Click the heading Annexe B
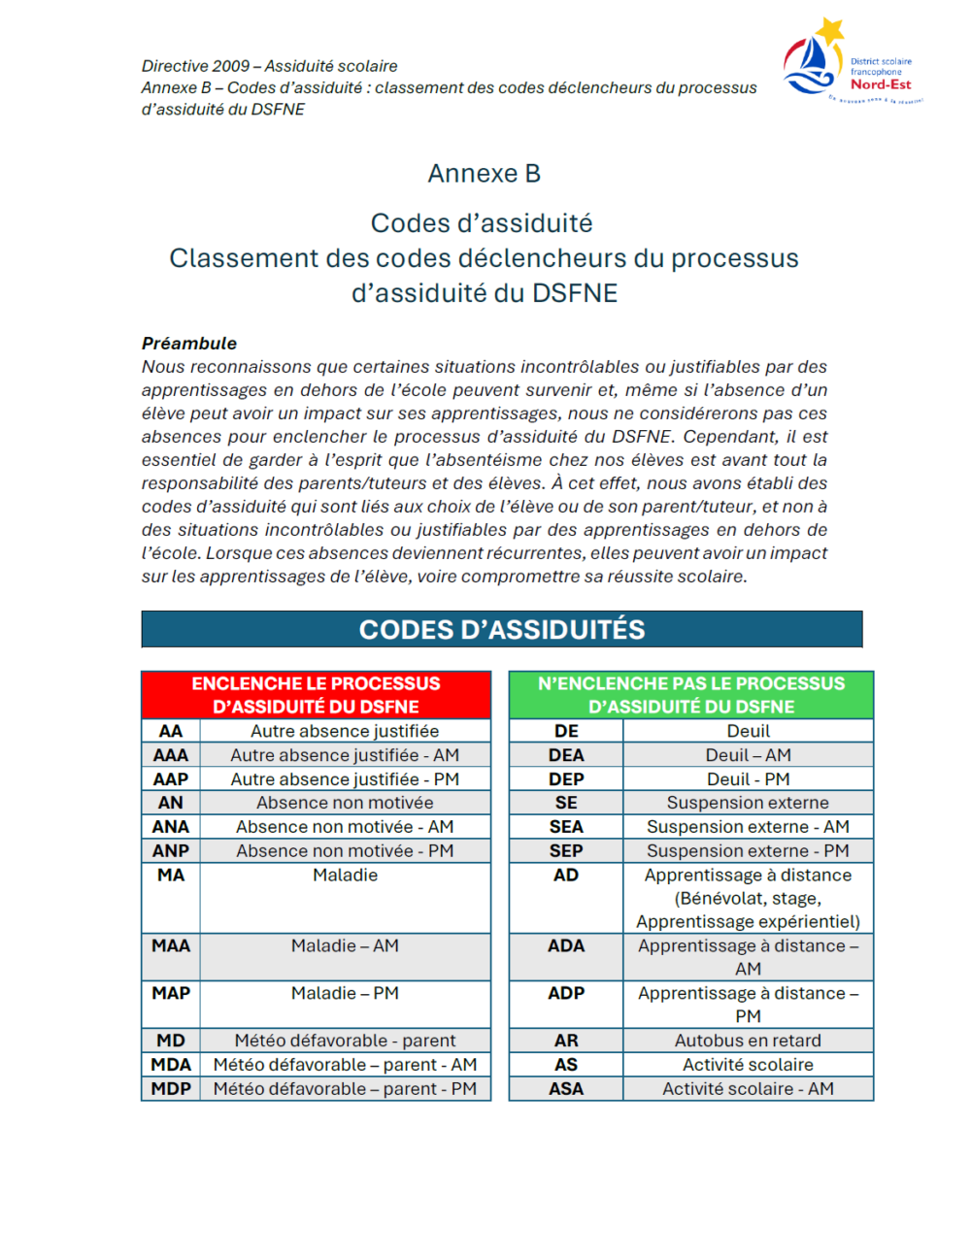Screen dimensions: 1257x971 coord(484,174)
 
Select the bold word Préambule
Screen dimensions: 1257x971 coord(189,344)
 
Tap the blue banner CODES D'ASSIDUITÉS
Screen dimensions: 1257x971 coord(501,630)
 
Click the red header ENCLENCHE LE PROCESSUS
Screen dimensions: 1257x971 coord(316,695)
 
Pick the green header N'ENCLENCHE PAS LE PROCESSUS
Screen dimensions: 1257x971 coord(690,695)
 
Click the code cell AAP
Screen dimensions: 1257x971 coord(171,779)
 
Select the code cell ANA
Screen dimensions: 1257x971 coord(171,827)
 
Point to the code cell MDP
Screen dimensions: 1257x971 coord(171,1089)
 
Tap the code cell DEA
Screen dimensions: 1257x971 coord(566,755)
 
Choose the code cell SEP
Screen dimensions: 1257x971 coord(566,851)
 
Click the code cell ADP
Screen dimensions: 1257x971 coord(566,994)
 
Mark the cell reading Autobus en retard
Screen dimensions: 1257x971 coord(748,1041)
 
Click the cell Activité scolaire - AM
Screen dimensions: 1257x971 coord(748,1089)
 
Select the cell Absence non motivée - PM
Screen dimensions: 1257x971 coord(345,851)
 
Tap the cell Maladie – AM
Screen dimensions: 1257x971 coord(345,946)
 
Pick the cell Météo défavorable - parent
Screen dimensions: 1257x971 coord(345,1041)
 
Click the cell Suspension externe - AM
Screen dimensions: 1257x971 coord(748,827)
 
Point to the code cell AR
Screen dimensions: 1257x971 coord(566,1041)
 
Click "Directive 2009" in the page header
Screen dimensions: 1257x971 coord(195,66)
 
